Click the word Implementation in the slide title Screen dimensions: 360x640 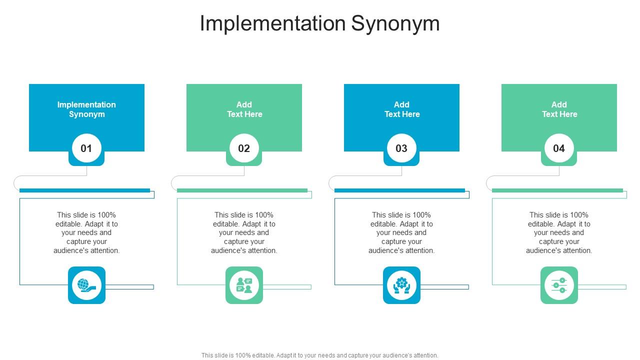(x=272, y=23)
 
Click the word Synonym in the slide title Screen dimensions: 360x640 (x=395, y=23)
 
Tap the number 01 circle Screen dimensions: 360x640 (x=86, y=148)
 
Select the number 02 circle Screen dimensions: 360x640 (x=244, y=148)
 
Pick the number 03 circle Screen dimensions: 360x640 (x=401, y=148)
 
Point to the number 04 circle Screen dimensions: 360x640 (x=559, y=148)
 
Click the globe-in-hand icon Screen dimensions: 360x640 (x=86, y=285)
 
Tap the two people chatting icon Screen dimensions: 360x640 (x=244, y=285)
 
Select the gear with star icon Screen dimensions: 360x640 (x=401, y=285)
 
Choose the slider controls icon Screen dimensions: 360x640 (x=559, y=285)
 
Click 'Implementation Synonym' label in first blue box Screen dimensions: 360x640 (x=86, y=109)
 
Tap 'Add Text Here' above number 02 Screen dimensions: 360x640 (x=244, y=109)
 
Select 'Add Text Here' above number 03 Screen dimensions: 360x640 (x=401, y=109)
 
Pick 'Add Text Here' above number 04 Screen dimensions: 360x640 (x=559, y=109)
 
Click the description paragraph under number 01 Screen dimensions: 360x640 (x=86, y=232)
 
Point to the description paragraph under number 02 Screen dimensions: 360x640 (x=244, y=232)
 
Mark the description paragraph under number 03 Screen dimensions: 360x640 (x=401, y=232)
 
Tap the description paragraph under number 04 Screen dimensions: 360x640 (x=559, y=232)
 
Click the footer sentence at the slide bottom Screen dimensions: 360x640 (x=320, y=355)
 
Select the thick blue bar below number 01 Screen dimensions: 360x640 (x=84, y=190)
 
